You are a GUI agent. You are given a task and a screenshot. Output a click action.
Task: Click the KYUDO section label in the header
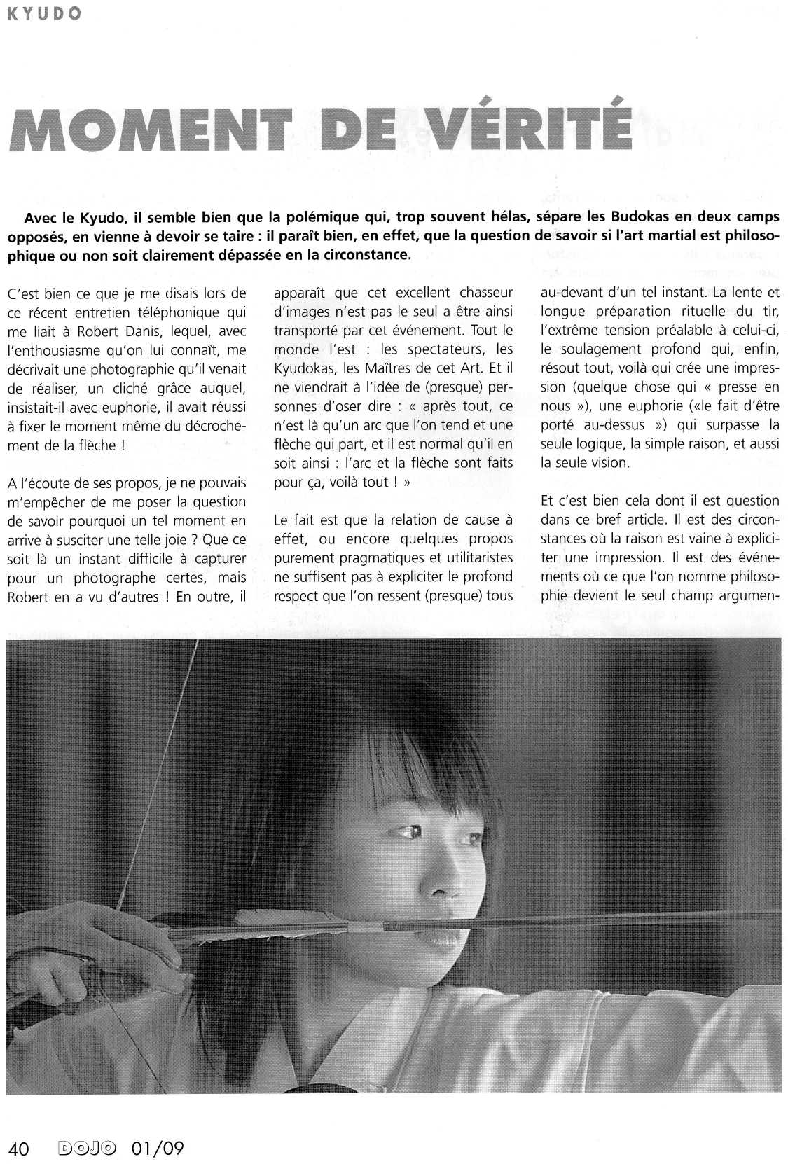(43, 14)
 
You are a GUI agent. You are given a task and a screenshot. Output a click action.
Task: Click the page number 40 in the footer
(18, 1149)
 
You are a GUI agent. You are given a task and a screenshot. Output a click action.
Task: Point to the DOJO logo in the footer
(88, 1149)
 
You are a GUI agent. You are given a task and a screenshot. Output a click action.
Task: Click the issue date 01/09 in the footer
(157, 1149)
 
